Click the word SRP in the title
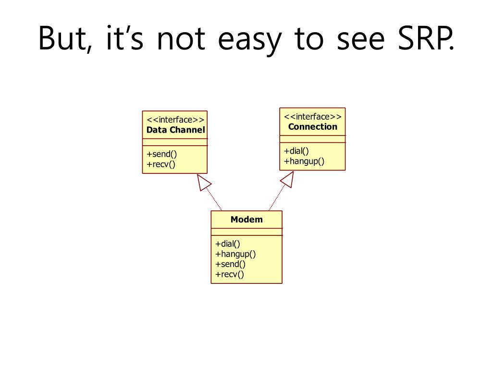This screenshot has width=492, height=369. coord(426,38)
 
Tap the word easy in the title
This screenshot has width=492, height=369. coord(250,41)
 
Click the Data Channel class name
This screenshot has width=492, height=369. coord(175,130)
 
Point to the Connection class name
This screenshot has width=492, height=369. coord(312,127)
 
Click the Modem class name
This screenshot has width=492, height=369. coord(246,219)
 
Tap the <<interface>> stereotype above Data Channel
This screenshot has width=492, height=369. coord(175,120)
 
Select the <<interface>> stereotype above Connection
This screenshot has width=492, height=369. coord(312,117)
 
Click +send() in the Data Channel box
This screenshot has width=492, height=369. coord(162,154)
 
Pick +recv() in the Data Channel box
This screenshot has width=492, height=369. coord(161,164)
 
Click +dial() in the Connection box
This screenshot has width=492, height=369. coord(296,151)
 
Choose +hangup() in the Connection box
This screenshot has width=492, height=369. coord(304,161)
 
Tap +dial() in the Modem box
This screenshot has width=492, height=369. coord(227,244)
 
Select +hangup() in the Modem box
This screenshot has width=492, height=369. coord(235,254)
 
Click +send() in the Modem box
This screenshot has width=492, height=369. coord(230,264)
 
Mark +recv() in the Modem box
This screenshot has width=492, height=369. coord(229,274)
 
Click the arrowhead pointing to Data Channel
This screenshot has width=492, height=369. coord(203,182)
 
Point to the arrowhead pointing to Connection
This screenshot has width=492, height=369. coord(288,180)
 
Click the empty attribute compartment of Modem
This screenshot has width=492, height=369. coord(246,232)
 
